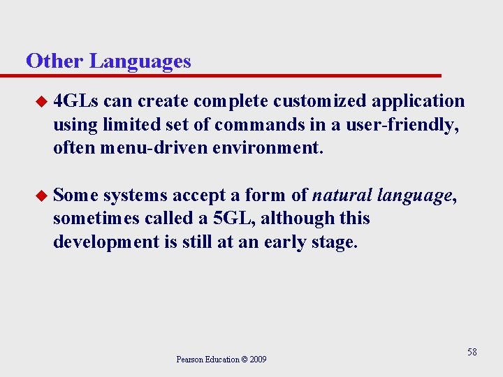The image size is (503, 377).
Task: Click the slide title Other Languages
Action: [108, 61]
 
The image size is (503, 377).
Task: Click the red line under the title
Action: [231, 75]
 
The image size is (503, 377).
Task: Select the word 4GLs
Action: [76, 101]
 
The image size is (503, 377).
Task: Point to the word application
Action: [418, 101]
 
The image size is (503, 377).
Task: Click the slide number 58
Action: [472, 352]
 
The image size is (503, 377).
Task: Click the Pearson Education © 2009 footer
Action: [221, 360]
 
